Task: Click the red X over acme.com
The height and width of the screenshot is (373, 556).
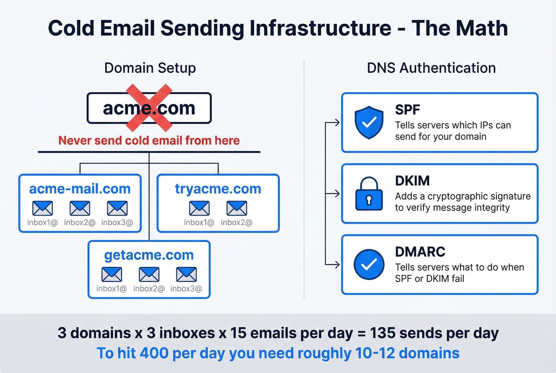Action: coord(149,108)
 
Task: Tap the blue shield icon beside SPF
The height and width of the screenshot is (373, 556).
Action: coord(369,122)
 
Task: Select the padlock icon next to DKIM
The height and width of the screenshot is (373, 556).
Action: coord(369,194)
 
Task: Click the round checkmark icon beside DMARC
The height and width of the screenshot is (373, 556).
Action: coord(369,265)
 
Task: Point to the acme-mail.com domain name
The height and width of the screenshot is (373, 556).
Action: coord(80,189)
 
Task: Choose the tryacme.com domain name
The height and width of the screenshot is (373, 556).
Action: coord(218,189)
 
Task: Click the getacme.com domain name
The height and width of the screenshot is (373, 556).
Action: coord(149,255)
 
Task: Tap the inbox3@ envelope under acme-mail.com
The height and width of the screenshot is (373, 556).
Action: coord(117,208)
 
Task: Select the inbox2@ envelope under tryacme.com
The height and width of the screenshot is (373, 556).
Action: coord(237,208)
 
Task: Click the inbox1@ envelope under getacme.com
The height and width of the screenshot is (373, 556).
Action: coord(112,274)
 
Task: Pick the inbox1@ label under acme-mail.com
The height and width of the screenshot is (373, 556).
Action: coord(42,222)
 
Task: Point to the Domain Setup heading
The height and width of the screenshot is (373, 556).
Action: coord(150,68)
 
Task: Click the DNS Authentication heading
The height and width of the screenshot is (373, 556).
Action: coord(431,68)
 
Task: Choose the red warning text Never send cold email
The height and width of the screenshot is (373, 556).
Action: coord(149,140)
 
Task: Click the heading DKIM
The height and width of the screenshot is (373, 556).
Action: coord(412,181)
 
